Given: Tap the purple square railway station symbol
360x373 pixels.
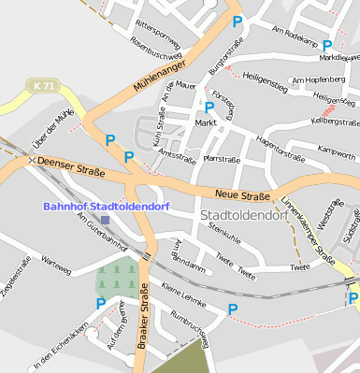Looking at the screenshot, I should click(105, 220).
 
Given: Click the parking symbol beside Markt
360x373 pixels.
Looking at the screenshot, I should click(209, 108).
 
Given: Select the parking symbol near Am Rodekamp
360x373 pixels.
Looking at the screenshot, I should click(327, 44).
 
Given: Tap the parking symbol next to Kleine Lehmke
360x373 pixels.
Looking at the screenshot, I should click(233, 309).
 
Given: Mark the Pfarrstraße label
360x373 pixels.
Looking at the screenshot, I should click(222, 160).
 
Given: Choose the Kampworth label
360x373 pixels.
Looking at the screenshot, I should click(337, 151).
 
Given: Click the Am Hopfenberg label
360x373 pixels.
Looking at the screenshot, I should click(319, 80).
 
